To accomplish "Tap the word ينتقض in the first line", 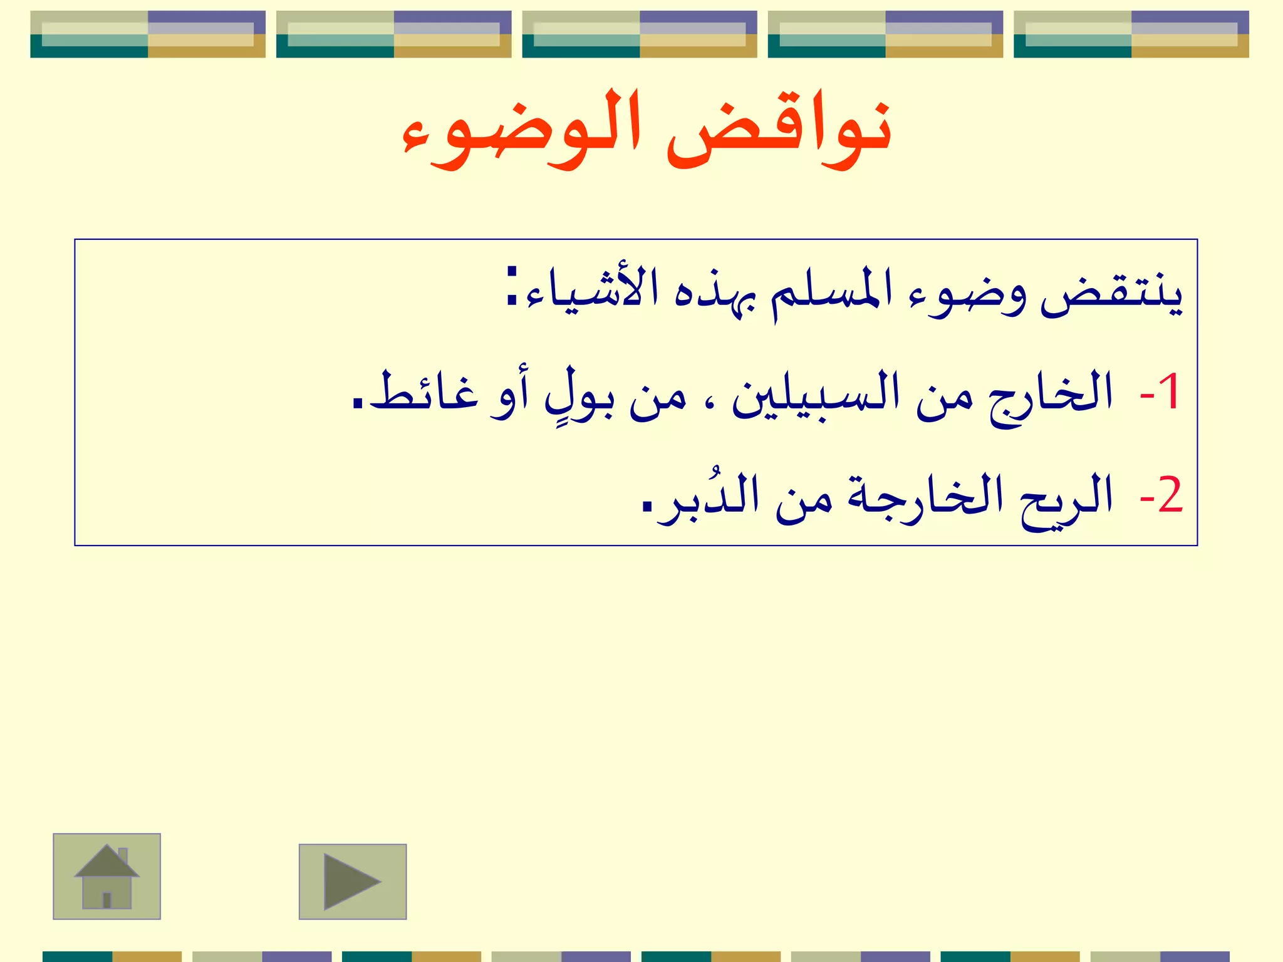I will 1111,294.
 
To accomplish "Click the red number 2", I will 1169,495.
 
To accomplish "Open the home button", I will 106,876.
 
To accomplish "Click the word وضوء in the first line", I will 969,294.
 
